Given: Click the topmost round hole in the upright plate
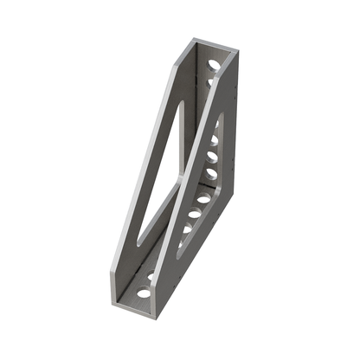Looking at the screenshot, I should click(x=214, y=62).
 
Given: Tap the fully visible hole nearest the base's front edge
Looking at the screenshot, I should click(x=144, y=292).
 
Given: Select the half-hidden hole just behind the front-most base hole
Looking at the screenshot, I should click(x=151, y=276).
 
